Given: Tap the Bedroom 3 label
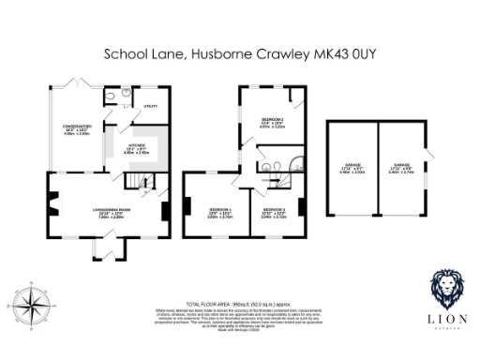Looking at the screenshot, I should click(273, 211).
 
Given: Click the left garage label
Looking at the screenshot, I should click(352, 170).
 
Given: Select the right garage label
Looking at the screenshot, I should click(401, 170).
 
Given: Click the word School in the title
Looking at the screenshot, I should click(125, 55).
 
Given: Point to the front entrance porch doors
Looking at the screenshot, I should click(110, 248).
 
